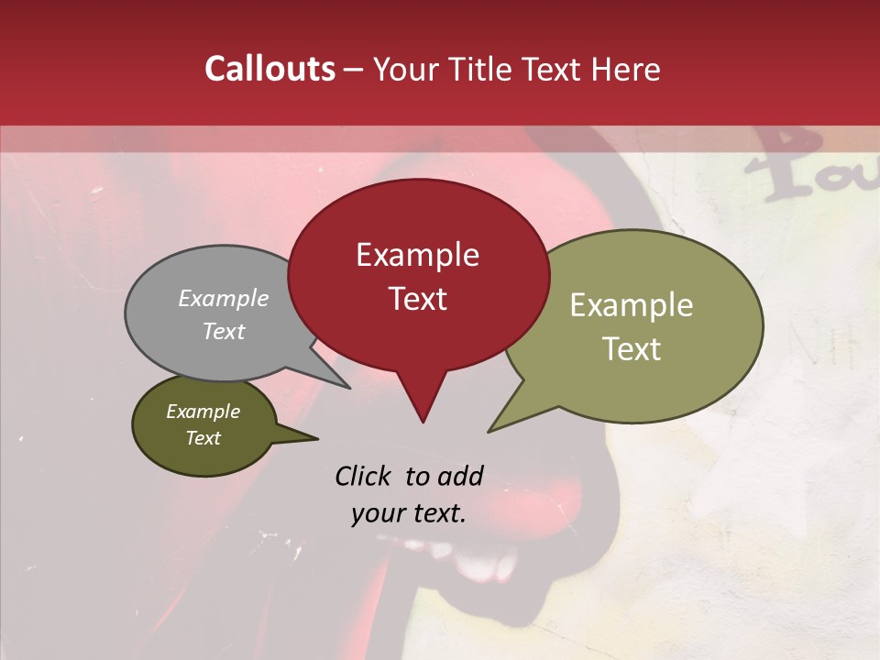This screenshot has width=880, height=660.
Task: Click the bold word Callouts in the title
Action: click(x=269, y=69)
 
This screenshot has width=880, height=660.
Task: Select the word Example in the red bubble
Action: click(x=417, y=255)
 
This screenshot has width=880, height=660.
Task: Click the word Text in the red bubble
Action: click(x=417, y=299)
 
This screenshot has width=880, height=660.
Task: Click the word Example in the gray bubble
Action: click(x=224, y=298)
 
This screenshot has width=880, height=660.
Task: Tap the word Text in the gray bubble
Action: click(x=224, y=331)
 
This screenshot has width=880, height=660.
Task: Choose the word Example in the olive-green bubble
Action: click(x=632, y=305)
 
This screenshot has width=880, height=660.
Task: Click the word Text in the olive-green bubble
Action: click(x=632, y=349)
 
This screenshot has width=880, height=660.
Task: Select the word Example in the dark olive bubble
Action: click(x=203, y=412)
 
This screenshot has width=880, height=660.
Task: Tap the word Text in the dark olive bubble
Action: click(x=203, y=438)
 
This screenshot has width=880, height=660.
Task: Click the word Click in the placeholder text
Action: click(x=363, y=476)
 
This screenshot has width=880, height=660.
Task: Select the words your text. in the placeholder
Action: click(x=409, y=513)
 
